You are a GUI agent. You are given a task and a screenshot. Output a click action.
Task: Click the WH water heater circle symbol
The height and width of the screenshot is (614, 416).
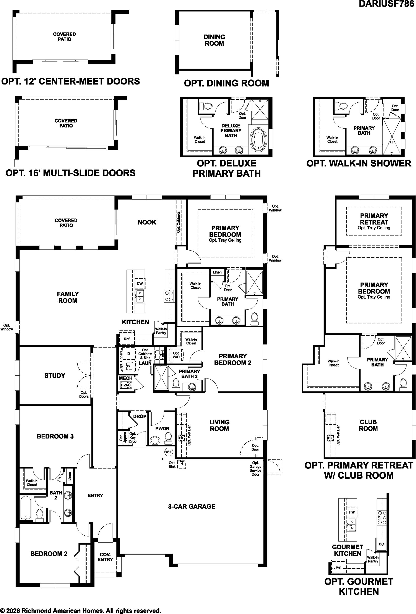[x=168, y=452]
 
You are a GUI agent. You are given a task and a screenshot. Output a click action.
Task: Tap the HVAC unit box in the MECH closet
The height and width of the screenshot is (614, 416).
[x=126, y=385]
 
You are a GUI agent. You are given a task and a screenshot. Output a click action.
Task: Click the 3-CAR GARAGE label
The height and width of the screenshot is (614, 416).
[x=192, y=506]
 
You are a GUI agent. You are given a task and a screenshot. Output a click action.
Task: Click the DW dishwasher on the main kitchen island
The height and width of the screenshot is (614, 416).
[x=140, y=283]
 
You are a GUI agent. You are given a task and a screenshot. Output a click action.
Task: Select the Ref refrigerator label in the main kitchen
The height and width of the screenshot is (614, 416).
[x=127, y=339]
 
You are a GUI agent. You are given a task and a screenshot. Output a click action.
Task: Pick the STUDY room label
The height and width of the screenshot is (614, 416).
[x=55, y=375]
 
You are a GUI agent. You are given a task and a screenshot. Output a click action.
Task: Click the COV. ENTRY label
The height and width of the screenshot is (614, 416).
[x=105, y=557]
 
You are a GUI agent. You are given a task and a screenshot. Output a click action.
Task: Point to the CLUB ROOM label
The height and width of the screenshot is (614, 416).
[x=368, y=425]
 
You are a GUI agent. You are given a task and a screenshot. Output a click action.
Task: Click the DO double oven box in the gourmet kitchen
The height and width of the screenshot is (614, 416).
[x=381, y=544]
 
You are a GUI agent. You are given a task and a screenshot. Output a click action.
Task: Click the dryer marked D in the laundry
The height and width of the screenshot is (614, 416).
[x=129, y=353]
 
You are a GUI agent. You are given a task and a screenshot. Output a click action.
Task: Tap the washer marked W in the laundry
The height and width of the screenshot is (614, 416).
[x=129, y=366]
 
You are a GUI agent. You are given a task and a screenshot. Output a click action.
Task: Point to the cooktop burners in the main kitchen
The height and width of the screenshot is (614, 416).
[x=169, y=296]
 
